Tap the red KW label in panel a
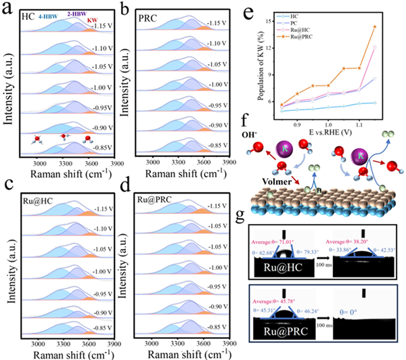[91, 21]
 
